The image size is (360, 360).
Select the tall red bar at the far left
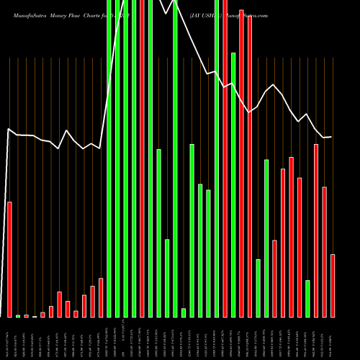[9, 259]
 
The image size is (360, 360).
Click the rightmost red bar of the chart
[333, 285]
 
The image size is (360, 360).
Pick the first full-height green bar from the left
[109, 158]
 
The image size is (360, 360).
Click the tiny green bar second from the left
[18, 316]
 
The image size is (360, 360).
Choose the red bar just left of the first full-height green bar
[101, 297]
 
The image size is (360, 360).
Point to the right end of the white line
[331, 137]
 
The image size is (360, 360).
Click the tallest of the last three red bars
[316, 230]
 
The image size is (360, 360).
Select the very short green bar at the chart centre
[184, 312]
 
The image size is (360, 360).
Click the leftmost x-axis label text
[9, 338]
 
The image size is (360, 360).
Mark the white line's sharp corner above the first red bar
[9, 130]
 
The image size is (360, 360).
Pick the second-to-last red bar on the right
[324, 252]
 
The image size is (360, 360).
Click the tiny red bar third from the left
[27, 316]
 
